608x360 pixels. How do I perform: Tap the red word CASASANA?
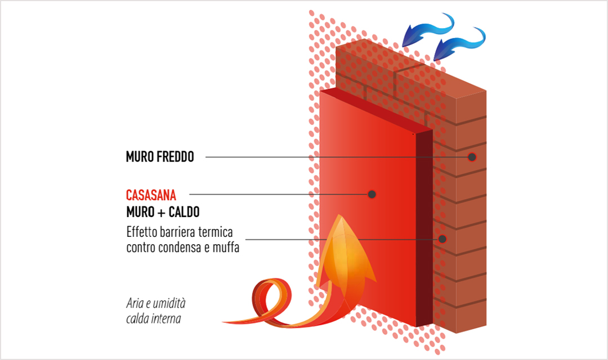pyautogui.click(x=151, y=195)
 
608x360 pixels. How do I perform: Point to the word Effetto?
pyautogui.click(x=141, y=232)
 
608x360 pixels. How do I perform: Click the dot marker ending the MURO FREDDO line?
pyautogui.click(x=472, y=157)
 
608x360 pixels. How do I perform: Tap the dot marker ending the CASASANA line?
pyautogui.click(x=372, y=194)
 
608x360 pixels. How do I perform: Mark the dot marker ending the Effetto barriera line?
pyautogui.click(x=442, y=239)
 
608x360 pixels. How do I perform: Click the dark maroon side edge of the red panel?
pyautogui.click(x=424, y=225)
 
